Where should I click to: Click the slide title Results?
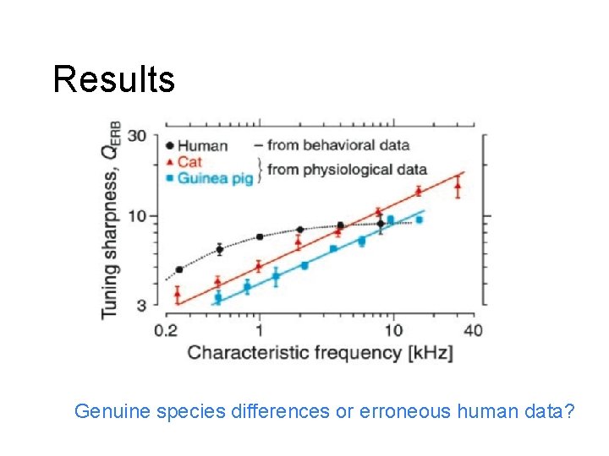click(x=113, y=79)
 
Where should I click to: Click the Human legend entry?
click(x=197, y=145)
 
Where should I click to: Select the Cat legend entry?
click(x=189, y=161)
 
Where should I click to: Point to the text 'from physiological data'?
click(x=347, y=170)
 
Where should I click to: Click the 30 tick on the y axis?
click(x=136, y=136)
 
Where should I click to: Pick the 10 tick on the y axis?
click(x=137, y=216)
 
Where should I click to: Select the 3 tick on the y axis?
click(x=141, y=304)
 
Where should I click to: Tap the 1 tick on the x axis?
click(x=259, y=330)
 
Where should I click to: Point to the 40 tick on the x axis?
click(x=473, y=330)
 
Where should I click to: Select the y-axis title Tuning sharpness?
click(x=111, y=220)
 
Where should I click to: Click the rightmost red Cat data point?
click(x=458, y=187)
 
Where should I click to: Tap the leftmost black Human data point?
click(x=178, y=270)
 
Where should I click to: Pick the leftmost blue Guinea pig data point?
click(x=217, y=297)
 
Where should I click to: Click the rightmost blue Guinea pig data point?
click(x=419, y=220)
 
